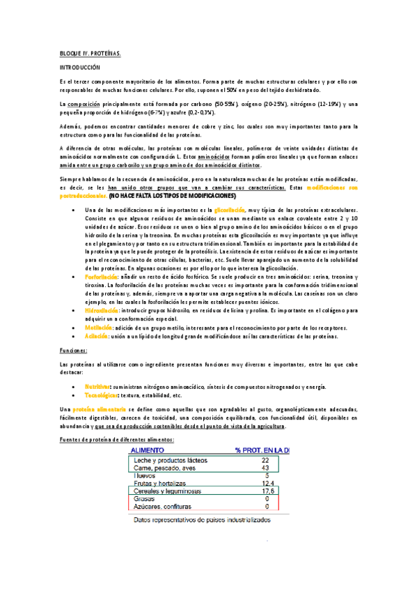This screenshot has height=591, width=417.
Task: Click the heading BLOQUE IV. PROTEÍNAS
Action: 90,53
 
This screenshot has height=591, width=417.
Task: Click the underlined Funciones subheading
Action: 72,353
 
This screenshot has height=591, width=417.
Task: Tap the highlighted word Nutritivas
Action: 100,386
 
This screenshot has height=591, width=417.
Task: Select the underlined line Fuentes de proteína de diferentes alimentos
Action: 116,440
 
